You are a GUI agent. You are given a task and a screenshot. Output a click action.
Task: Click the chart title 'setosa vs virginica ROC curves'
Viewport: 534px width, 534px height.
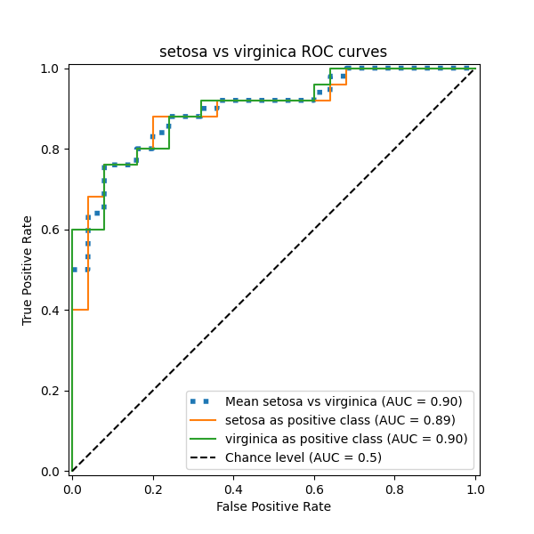point(273,52)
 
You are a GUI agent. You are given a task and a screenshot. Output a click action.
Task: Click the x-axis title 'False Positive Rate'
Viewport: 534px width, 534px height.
point(273,506)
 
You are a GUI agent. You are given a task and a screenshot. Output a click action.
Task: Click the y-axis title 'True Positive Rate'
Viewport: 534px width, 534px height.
point(28,270)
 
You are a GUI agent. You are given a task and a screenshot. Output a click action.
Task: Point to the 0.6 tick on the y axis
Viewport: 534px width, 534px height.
point(54,230)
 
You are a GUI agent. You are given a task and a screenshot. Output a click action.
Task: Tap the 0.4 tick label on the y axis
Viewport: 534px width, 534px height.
point(54,310)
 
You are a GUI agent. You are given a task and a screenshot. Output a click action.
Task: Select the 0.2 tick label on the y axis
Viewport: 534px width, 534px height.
point(54,391)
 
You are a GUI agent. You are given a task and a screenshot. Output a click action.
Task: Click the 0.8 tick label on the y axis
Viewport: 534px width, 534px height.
point(54,149)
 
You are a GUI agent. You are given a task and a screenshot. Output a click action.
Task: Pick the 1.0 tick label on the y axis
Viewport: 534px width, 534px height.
point(54,69)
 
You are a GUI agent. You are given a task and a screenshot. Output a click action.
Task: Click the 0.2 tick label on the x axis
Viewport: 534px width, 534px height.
point(153,489)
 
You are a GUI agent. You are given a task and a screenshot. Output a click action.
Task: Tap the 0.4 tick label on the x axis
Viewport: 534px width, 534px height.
point(233,489)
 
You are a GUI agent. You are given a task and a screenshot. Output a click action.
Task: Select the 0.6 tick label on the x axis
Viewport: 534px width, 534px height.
point(314,489)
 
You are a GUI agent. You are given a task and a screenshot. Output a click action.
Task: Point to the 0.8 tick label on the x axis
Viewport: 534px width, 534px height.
point(394,489)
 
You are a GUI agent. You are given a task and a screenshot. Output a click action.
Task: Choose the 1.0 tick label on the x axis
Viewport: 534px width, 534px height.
point(475,489)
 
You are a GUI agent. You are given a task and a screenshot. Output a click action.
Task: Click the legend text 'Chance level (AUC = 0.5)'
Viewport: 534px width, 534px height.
point(303,457)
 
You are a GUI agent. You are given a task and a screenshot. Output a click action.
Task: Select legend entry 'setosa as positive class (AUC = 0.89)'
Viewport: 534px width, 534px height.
point(340,420)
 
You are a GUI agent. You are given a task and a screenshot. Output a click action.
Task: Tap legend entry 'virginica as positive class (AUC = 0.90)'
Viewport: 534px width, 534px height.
point(346,439)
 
